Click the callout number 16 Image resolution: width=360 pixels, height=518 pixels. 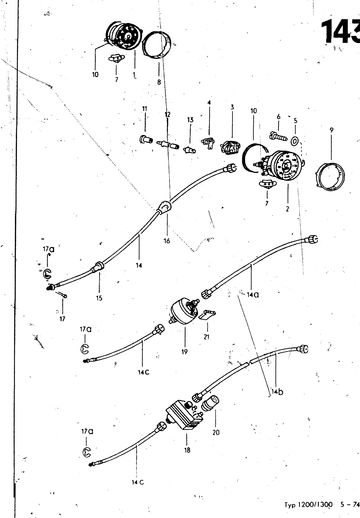pos(167,241)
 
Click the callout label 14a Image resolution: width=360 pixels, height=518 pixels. pos(253,295)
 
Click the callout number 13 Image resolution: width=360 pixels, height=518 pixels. pos(190,120)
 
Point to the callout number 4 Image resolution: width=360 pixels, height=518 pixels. pos(209,103)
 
